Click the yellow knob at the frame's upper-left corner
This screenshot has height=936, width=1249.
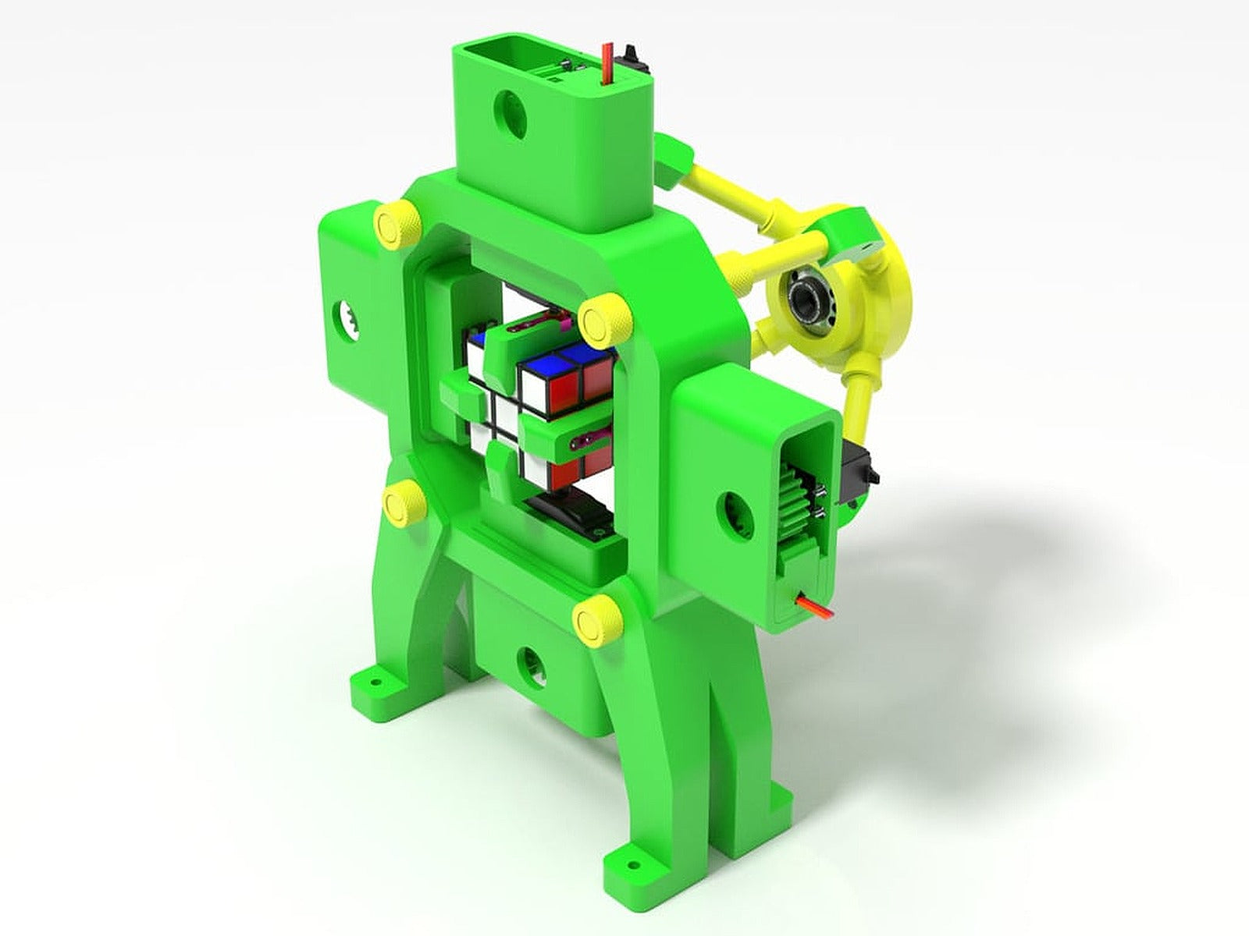(396, 223)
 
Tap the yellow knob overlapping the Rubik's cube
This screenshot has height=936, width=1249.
(602, 321)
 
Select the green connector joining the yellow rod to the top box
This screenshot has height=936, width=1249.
(673, 165)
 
